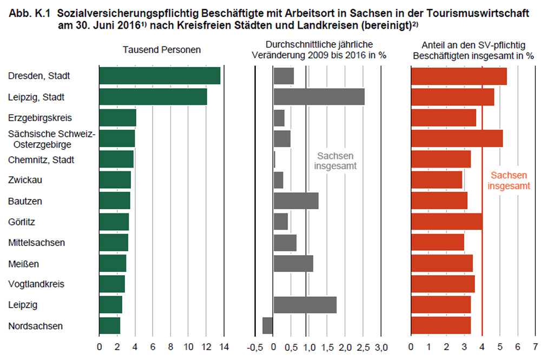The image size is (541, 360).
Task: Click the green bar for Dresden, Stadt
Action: coord(160,76)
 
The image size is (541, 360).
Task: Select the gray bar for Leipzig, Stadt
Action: coord(319,97)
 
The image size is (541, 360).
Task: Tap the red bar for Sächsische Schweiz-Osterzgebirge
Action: coord(457,138)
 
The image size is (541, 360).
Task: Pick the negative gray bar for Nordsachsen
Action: coord(267,325)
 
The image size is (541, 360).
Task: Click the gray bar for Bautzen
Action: coord(295,201)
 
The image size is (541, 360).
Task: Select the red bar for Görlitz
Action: coord(446,222)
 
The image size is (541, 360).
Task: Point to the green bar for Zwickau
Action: coord(115,180)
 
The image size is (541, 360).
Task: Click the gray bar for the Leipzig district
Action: coord(305,305)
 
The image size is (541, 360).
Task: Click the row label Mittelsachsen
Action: coord(36,243)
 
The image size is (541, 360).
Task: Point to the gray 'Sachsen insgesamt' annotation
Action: coord(336,161)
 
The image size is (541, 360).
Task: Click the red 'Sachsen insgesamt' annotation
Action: coord(509,181)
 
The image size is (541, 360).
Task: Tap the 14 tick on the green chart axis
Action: coord(223,346)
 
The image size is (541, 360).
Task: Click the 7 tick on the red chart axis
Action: coord(535,346)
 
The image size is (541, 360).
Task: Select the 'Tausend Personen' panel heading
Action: coord(162,49)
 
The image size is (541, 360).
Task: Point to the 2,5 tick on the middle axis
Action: coord(364,346)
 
